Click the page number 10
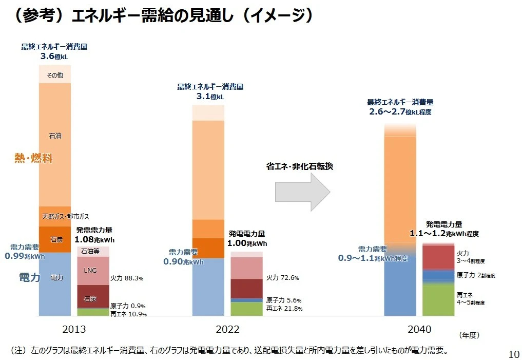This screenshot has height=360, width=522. tap(513, 354)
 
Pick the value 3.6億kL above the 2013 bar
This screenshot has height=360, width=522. tap(54, 56)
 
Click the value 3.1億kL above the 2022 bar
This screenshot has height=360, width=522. tap(210, 96)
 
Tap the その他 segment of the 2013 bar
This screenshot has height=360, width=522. tap(55, 75)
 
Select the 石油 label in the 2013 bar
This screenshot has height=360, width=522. tap(55, 136)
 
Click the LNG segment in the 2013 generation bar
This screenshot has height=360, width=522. tap(90, 270)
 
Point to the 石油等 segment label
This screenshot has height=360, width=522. tap(90, 251)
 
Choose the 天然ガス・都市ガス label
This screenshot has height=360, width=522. tap(65, 216)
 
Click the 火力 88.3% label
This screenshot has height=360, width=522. tap(127, 278)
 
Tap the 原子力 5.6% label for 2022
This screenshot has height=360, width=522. tap(284, 300)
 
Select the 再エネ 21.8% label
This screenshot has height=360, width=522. tap(284, 309)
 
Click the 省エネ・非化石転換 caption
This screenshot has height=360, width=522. tap(300, 167)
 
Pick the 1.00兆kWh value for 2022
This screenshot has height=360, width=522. tap(247, 243)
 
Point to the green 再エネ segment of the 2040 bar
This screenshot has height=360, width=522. tap(438, 300)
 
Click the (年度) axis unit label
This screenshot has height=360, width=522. tap(469, 335)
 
